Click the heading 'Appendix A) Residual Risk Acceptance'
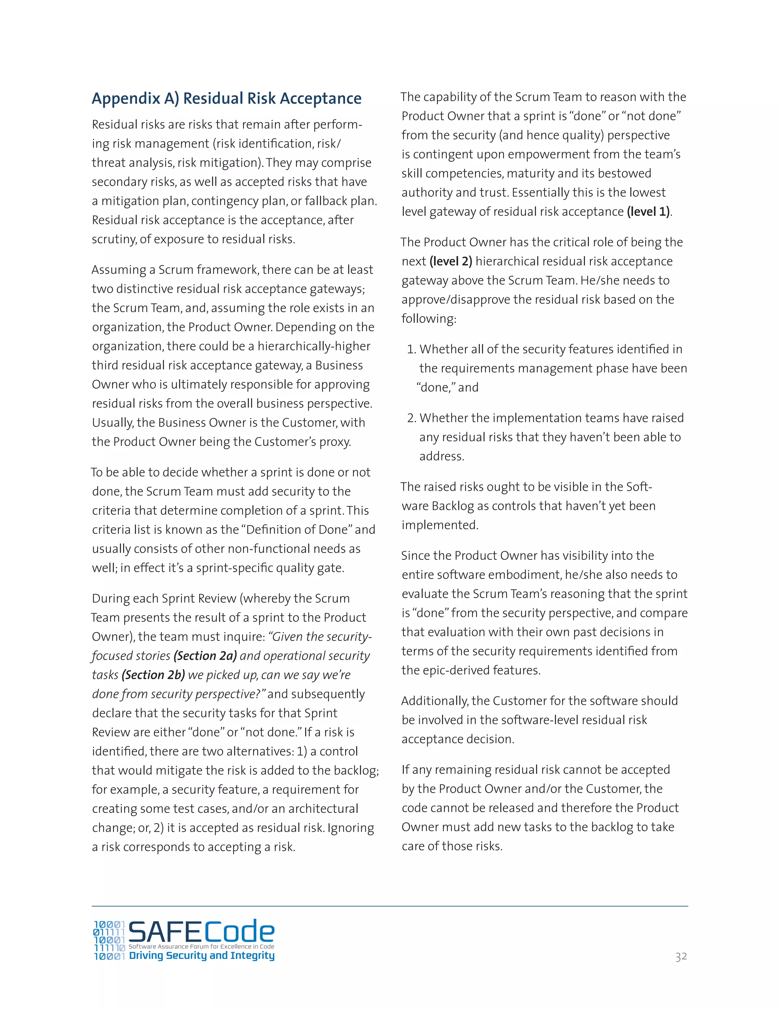click(227, 98)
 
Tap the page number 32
click(681, 956)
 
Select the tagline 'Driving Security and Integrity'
click(201, 955)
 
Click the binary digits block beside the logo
click(109, 940)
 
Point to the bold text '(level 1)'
click(648, 212)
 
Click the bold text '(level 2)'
click(451, 262)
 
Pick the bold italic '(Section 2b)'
click(153, 675)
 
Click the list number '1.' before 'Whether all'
click(411, 349)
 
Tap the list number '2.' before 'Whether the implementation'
click(411, 418)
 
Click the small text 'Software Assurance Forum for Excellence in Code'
click(201, 947)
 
